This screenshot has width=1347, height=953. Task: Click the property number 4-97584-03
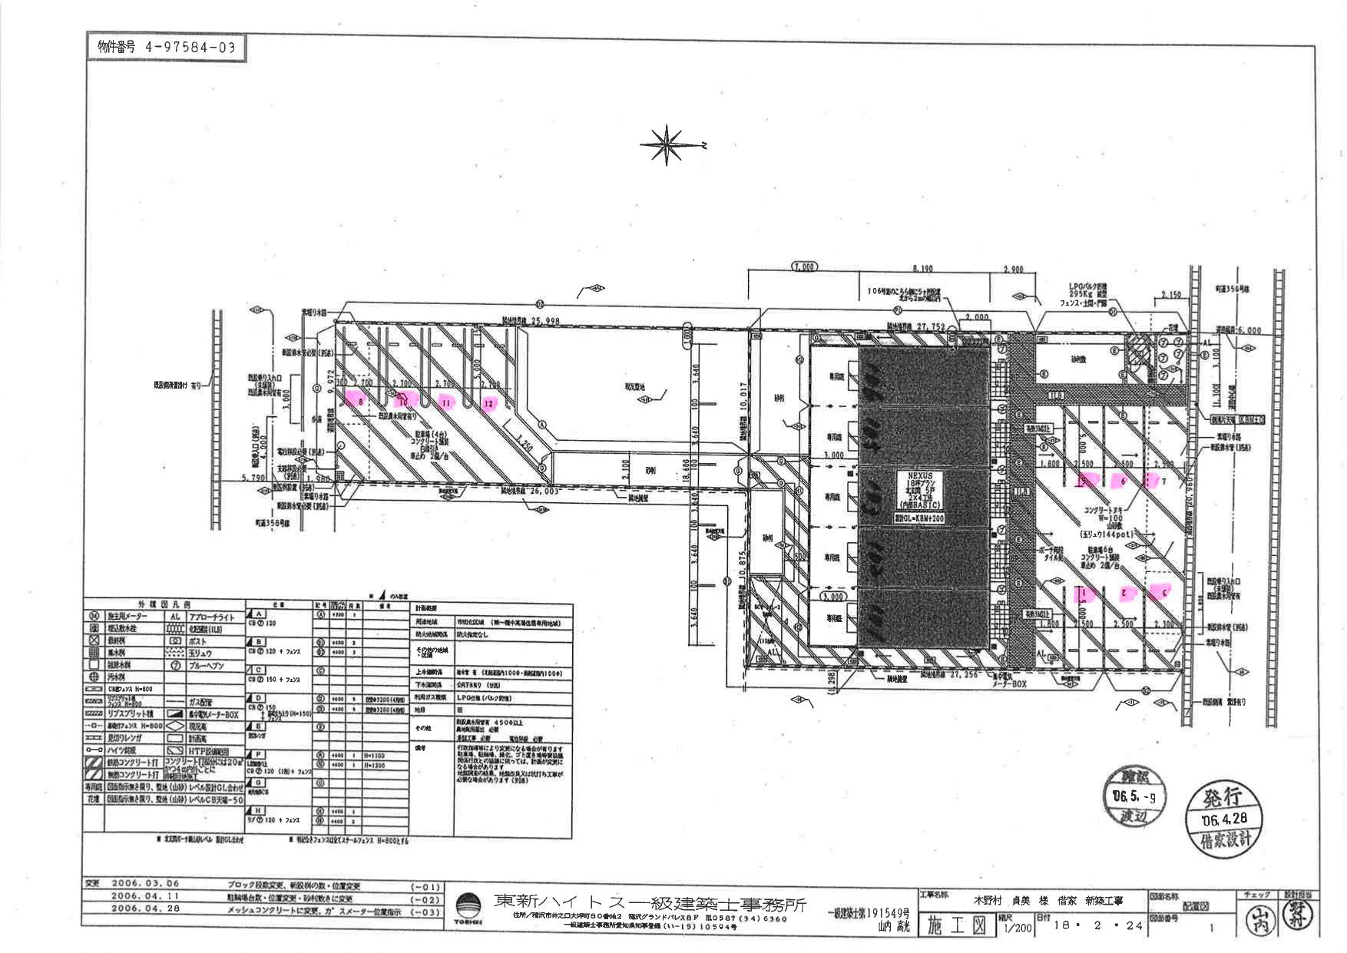click(x=166, y=48)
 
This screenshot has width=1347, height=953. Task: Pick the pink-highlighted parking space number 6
click(x=1122, y=481)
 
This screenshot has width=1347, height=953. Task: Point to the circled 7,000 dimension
click(x=804, y=266)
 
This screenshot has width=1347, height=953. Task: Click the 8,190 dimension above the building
click(x=922, y=268)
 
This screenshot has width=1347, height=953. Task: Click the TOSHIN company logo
click(x=469, y=908)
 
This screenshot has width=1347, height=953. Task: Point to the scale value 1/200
click(x=1017, y=928)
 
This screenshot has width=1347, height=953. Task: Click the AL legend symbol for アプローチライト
click(x=175, y=617)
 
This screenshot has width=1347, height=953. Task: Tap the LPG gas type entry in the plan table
click(x=484, y=698)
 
